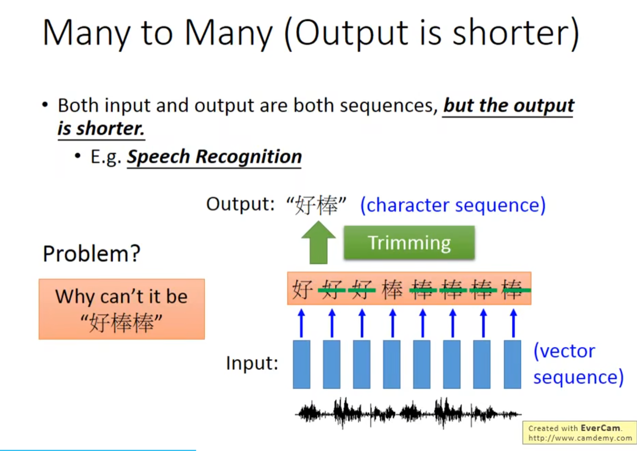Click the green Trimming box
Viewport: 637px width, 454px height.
coord(409,243)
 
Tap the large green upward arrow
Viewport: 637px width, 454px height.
coord(318,243)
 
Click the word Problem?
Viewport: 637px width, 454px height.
coord(92,254)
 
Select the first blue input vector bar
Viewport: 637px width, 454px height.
coord(302,364)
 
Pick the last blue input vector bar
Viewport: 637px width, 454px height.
coord(513,364)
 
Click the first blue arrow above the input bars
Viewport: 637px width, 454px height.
coord(302,323)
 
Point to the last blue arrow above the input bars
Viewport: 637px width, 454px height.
coord(513,323)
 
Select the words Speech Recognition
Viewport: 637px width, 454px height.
coord(214,157)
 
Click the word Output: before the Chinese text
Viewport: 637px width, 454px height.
coord(240,204)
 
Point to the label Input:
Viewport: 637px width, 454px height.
coord(252,363)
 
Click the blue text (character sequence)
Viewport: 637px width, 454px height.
coord(453,205)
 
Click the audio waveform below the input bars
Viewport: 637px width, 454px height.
coord(408,413)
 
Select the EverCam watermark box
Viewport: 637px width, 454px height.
coord(579,432)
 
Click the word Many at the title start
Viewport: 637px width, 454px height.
coord(86,33)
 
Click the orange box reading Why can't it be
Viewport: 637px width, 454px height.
coord(122,309)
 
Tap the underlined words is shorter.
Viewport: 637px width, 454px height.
coord(101,129)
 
